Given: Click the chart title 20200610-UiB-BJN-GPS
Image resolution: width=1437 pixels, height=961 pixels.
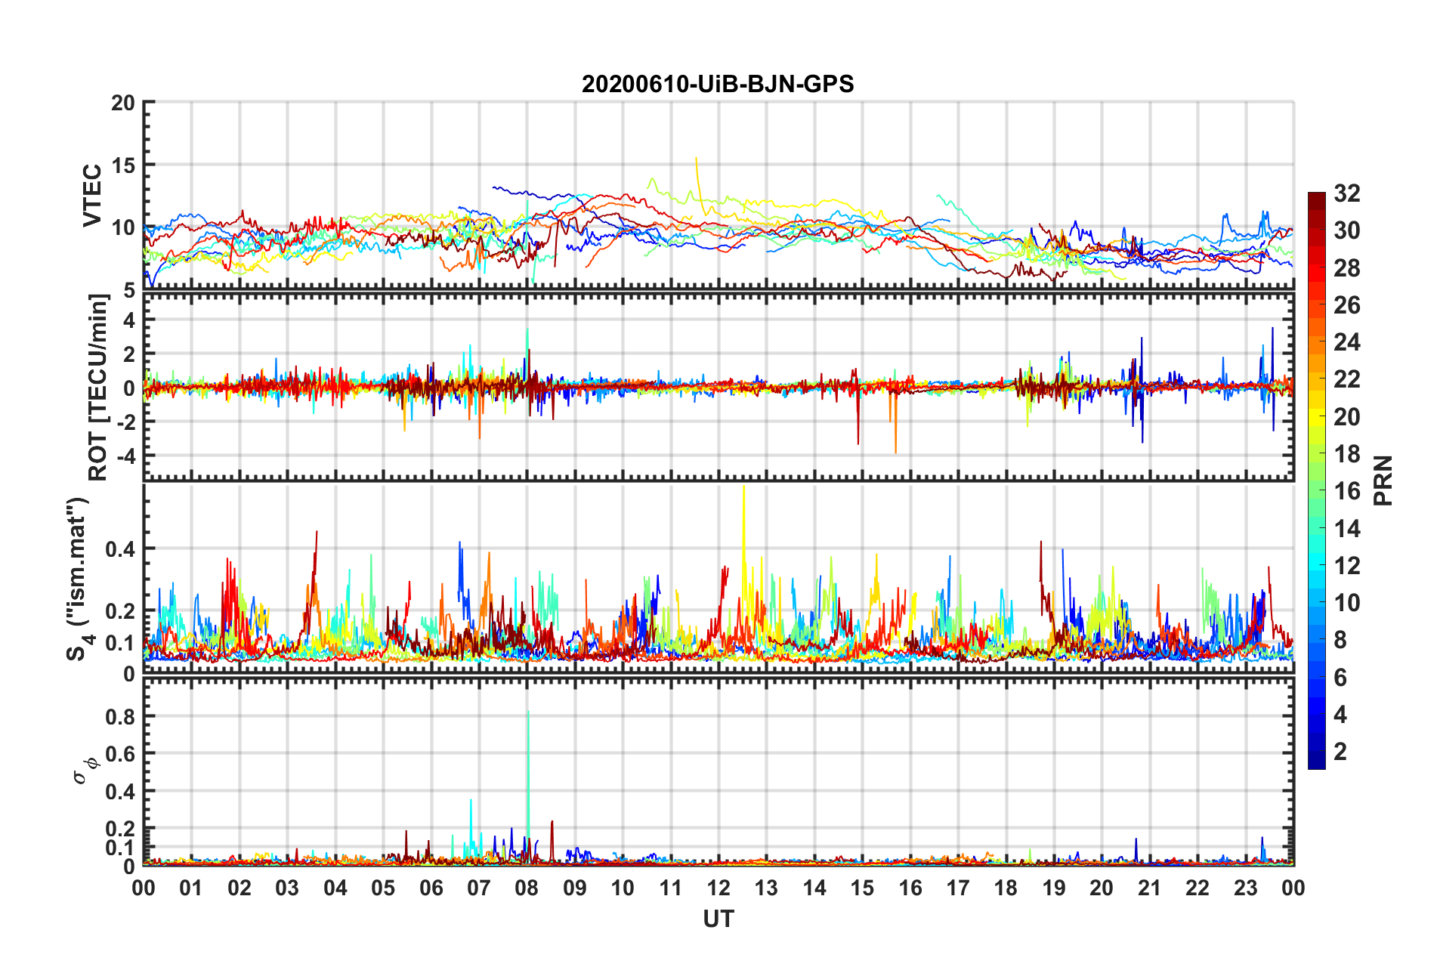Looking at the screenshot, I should point(718,84).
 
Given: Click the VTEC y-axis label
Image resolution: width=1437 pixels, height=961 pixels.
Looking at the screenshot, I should point(92,195).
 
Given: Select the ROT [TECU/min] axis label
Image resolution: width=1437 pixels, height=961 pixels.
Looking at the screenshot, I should point(98,388).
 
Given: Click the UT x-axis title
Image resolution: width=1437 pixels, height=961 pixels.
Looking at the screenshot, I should point(718,919).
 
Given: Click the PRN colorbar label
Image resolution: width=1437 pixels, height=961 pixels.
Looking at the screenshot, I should point(1383,480).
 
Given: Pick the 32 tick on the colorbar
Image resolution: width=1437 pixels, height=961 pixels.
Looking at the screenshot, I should point(1346,193).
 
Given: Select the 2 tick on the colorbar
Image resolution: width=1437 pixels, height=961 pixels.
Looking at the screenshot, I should point(1340,752).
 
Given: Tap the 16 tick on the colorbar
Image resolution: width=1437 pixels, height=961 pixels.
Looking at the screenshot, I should point(1346,491).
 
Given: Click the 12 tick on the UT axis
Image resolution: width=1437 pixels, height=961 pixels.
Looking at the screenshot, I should point(718,888).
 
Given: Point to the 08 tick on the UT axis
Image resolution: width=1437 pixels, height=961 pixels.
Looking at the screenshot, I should point(527,888).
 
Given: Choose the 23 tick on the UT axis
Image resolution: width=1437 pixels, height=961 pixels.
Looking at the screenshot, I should point(1245,888).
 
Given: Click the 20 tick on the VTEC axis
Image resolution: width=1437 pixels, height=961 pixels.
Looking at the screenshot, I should point(123,103).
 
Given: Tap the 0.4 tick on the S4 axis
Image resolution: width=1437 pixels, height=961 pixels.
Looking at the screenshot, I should point(120,549).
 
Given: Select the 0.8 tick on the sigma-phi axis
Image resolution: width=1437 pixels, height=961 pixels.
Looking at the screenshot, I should point(120,716).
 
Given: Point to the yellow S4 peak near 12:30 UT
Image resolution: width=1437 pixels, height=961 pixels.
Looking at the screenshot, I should point(744,499).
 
